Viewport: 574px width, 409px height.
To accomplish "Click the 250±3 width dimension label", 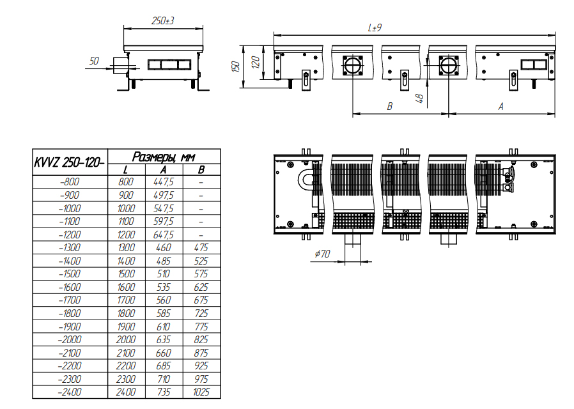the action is (163, 21).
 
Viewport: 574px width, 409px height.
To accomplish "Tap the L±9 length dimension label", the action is (375, 28).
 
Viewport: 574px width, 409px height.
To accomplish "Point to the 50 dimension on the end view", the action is (94, 61).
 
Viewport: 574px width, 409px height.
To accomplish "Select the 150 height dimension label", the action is (236, 66).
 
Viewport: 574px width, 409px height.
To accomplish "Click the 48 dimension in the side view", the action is (420, 98).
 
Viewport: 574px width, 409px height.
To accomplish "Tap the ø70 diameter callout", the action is (323, 254).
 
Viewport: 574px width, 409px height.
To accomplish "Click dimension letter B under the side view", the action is (390, 107).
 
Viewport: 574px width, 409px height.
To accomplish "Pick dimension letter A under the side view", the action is (500, 107).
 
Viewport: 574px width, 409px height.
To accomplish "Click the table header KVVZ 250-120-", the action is (70, 162).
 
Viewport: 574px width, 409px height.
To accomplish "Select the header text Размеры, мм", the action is (164, 157).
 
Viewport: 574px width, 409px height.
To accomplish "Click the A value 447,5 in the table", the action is (163, 182).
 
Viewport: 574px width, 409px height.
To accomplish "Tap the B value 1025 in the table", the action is (201, 392).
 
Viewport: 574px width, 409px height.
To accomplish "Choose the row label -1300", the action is (70, 248).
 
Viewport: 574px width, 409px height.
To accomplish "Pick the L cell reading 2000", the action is (126, 340).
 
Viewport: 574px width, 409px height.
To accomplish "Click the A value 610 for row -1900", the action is (163, 327).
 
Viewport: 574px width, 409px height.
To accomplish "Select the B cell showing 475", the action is (201, 248).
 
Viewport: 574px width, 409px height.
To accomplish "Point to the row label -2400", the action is (70, 392).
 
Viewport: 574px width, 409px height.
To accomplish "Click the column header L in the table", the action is (126, 170).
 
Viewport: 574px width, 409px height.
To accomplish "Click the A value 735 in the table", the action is (163, 392).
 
